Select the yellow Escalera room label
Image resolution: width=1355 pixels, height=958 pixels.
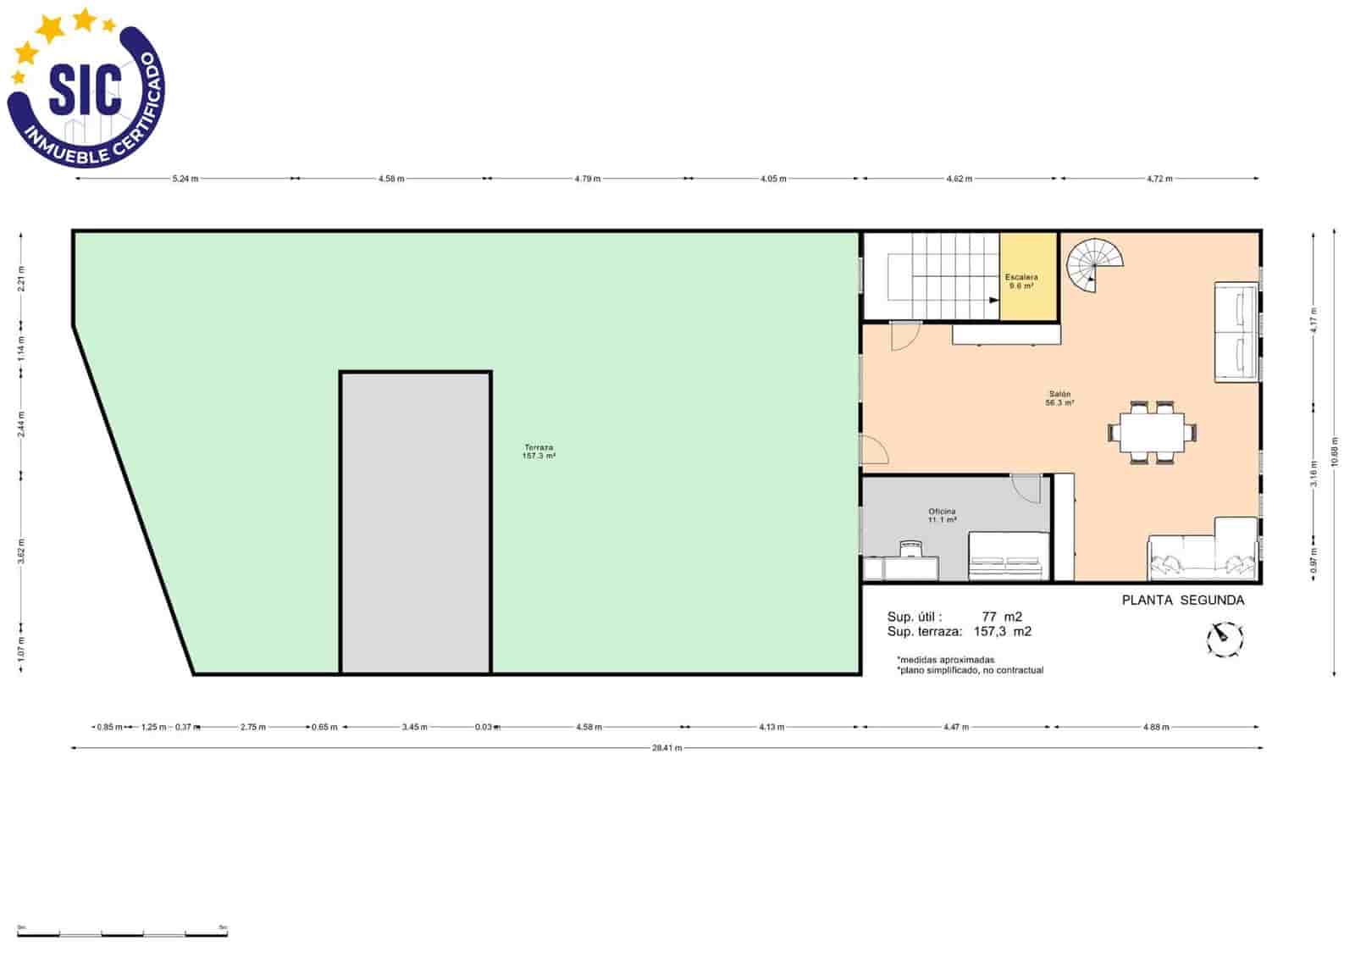tap(1021, 281)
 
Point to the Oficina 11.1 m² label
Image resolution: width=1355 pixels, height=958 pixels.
tap(942, 516)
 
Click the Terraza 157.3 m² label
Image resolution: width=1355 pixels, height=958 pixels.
tap(539, 451)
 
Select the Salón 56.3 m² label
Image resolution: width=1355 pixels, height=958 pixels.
tap(1059, 398)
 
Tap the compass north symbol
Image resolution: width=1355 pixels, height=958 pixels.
tap(1224, 639)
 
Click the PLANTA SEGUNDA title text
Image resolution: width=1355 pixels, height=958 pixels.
tap(1182, 601)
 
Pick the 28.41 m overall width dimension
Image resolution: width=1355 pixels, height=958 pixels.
tap(666, 748)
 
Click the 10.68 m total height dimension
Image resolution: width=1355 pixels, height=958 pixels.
tap(1335, 451)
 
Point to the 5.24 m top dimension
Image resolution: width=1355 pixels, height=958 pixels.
tap(185, 179)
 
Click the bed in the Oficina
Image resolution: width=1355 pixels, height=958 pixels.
tap(1008, 557)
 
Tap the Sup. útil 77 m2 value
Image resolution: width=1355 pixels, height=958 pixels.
tap(1001, 617)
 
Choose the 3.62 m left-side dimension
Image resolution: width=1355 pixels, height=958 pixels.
tap(21, 551)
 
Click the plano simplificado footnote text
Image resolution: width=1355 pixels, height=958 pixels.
tap(971, 670)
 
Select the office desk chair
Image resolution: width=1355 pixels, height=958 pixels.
tap(910, 549)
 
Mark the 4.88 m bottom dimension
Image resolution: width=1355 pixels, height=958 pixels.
tap(1155, 727)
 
